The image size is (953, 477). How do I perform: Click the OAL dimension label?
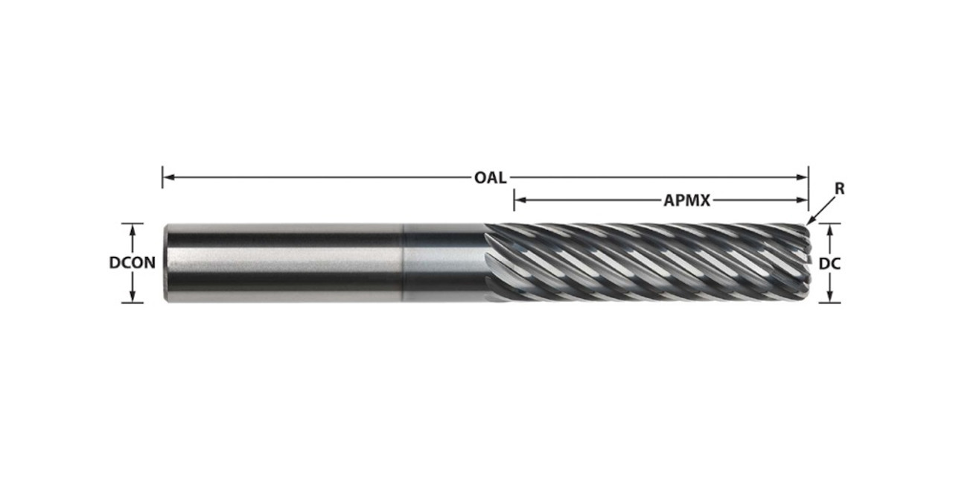pyautogui.click(x=490, y=177)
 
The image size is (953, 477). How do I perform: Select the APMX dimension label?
pyautogui.click(x=686, y=200)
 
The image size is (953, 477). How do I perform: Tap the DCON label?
pyautogui.click(x=133, y=262)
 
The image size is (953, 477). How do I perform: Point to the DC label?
pyautogui.click(x=829, y=262)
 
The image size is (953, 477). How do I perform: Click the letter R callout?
pyautogui.click(x=839, y=189)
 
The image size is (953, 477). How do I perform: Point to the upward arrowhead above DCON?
pyautogui.click(x=133, y=229)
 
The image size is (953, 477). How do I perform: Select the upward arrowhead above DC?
pyautogui.click(x=829, y=229)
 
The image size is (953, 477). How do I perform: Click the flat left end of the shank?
pyautogui.click(x=166, y=262)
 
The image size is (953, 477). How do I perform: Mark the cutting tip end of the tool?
pyautogui.click(x=807, y=262)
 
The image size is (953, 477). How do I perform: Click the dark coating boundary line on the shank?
pyautogui.click(x=404, y=262)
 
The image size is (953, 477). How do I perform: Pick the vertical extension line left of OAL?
pyautogui.click(x=162, y=177)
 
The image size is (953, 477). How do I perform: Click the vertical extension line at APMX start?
pyautogui.click(x=514, y=200)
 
